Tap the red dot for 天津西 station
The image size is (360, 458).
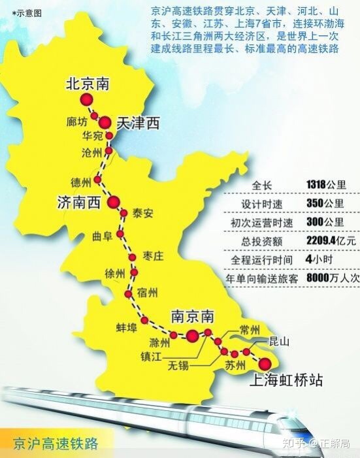[105, 121]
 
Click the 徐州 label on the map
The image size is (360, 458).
[114, 275]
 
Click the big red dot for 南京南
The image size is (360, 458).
[192, 336]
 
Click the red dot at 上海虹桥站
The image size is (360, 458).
[265, 363]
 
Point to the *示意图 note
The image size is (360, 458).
[20, 12]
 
